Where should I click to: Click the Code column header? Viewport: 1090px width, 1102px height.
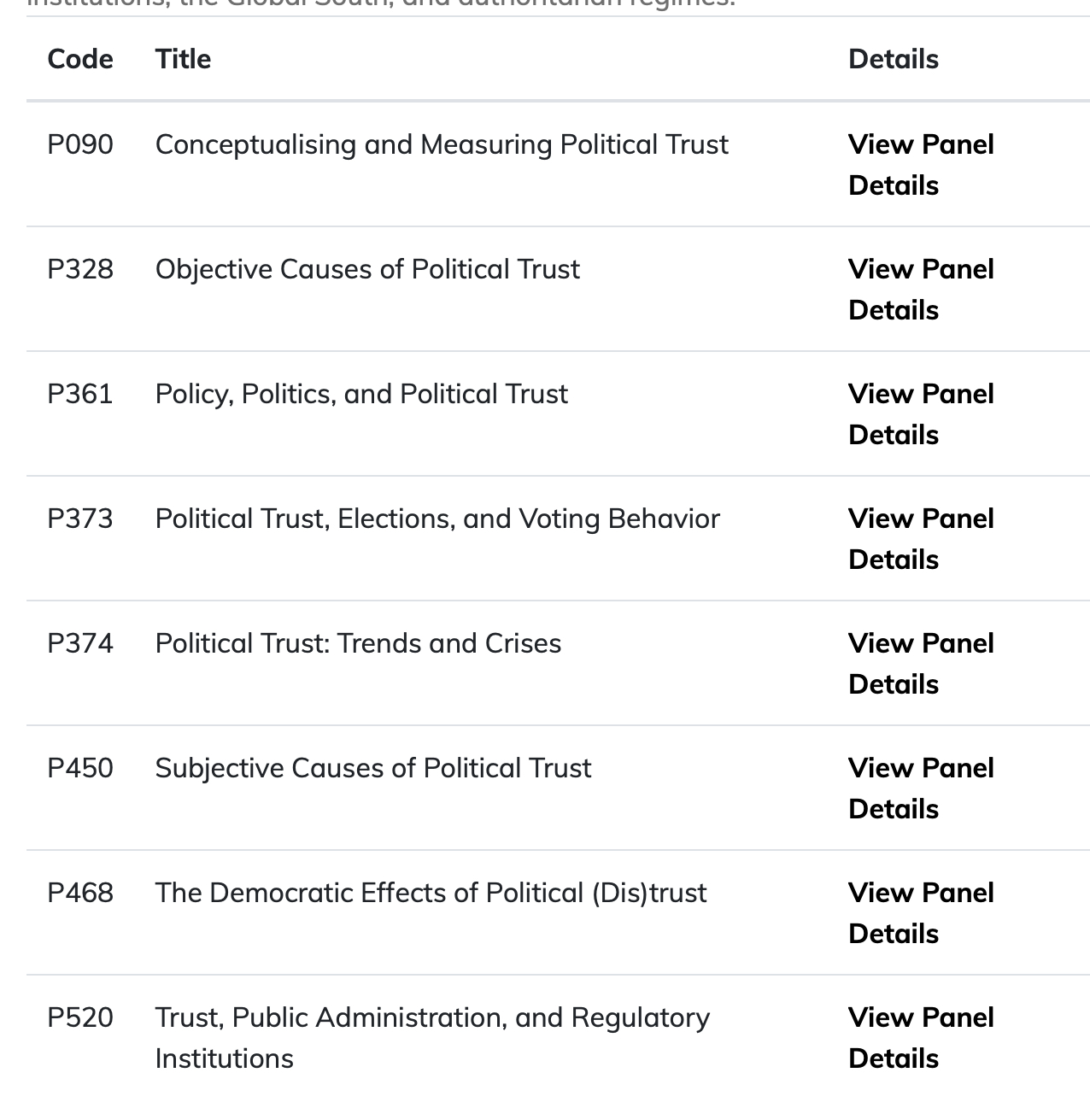click(x=80, y=59)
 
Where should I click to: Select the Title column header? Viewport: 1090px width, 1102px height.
click(x=183, y=59)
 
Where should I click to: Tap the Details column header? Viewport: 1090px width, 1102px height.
click(x=893, y=59)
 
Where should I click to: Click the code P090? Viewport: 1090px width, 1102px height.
click(x=80, y=144)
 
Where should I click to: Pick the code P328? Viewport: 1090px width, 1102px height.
click(x=80, y=269)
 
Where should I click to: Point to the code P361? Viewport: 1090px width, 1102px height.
click(x=80, y=394)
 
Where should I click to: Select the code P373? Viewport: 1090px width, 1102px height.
click(x=80, y=519)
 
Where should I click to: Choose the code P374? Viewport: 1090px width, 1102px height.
click(x=80, y=643)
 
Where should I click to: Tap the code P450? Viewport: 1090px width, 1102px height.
click(x=80, y=768)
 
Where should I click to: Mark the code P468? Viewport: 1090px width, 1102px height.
click(x=80, y=893)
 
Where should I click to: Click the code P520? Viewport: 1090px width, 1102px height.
click(x=80, y=1017)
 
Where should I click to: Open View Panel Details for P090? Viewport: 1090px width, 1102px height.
click(x=920, y=164)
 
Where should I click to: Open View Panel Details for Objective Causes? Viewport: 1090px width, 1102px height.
click(x=920, y=289)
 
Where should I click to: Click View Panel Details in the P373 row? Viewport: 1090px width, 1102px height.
click(x=920, y=538)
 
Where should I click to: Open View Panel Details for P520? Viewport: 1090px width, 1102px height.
click(x=920, y=1037)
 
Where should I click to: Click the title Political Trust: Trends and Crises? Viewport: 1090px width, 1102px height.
click(x=358, y=643)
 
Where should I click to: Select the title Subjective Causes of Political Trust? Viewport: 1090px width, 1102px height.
click(x=372, y=768)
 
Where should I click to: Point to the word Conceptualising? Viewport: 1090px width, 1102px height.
click(x=255, y=144)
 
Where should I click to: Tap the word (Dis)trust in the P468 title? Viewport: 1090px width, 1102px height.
click(x=648, y=893)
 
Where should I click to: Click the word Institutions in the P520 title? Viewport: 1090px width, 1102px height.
click(x=224, y=1058)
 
